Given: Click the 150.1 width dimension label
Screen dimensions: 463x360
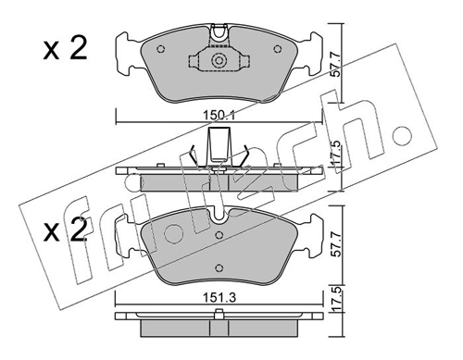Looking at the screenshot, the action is tap(219, 116).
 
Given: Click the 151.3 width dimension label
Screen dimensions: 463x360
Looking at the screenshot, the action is tap(219, 298).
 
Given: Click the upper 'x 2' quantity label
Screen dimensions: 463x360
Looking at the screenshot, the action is tap(65, 49).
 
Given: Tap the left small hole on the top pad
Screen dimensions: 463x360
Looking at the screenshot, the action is tap(160, 49).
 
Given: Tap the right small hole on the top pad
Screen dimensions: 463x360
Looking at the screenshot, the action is tap(278, 49).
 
